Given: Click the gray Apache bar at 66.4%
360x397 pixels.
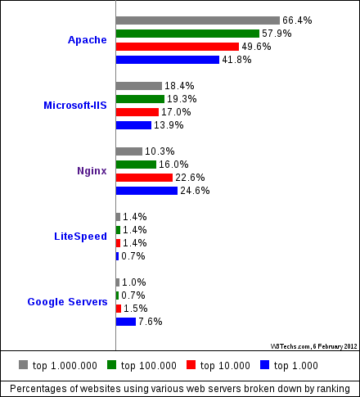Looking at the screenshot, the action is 198,20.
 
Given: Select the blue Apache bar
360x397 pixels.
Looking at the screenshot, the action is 168,60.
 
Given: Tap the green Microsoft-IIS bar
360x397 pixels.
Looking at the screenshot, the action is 140,99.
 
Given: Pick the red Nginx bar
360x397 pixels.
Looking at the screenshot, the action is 144,178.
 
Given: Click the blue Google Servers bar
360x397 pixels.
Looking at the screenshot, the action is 126,322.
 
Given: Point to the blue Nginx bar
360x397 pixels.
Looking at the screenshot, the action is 146,191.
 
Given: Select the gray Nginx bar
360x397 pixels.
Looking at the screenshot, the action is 129,151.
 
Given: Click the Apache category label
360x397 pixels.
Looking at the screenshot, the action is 88,40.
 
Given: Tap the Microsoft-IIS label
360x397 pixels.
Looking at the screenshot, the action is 75,106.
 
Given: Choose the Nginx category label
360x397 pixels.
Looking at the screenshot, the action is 92,171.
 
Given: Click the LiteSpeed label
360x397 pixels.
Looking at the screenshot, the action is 80,237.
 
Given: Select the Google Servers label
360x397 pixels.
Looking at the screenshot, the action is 67,302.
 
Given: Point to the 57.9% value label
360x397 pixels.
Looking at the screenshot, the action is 277,34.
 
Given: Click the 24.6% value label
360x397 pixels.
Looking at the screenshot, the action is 195,191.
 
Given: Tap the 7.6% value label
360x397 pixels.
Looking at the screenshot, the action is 151,322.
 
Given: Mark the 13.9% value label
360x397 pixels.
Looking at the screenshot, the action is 169,125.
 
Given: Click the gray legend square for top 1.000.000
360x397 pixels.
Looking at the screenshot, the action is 24,365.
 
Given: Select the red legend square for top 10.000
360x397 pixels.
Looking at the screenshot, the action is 191,365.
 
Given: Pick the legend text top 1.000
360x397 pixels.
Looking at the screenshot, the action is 296,366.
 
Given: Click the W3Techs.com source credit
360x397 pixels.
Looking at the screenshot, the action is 314,346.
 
